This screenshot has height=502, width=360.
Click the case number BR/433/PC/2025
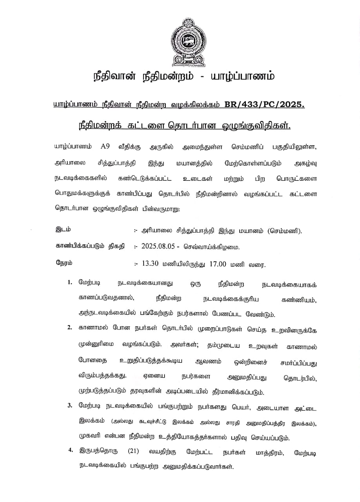click(264, 104)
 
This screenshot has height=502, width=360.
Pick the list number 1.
click(69, 282)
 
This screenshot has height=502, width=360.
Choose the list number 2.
click(69, 327)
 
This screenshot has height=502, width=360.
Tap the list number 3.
click(69, 405)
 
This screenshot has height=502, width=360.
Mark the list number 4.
click(71, 450)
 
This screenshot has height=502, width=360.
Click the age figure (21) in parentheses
click(134, 451)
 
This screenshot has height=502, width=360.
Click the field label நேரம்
click(64, 263)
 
